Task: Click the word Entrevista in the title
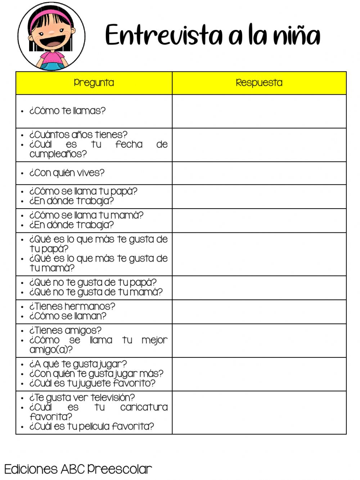[x=164, y=35]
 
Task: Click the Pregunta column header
[x=94, y=83]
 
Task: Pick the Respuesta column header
[x=259, y=83]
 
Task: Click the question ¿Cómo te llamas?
[x=67, y=111]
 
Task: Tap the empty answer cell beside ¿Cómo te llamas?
[x=259, y=111]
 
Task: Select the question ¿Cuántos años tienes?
[x=78, y=135]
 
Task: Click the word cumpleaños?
[x=58, y=154]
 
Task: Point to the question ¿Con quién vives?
[x=67, y=173]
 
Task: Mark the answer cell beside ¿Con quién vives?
[x=259, y=173]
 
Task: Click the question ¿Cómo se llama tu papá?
[x=83, y=191]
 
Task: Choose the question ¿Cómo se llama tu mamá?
[x=86, y=215]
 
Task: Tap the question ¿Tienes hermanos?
[x=72, y=307]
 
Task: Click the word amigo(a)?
[x=51, y=350]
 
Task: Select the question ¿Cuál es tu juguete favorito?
[x=92, y=383]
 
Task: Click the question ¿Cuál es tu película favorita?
[x=91, y=427]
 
